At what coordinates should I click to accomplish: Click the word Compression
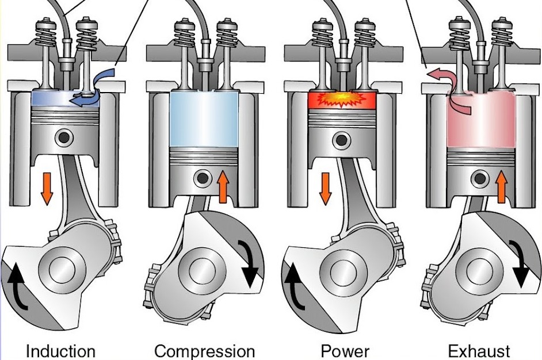[x=204, y=350]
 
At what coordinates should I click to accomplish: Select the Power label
[x=345, y=350]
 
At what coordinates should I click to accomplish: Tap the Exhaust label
[x=479, y=350]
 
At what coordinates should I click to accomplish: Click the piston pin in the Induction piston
[x=63, y=137]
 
